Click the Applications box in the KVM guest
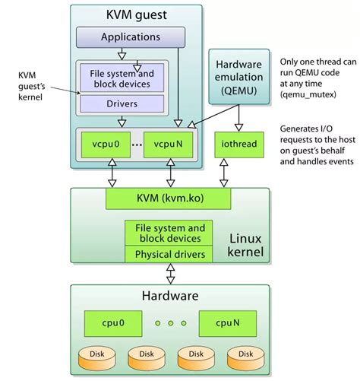pyautogui.click(x=131, y=37)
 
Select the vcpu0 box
pyautogui.click(x=106, y=144)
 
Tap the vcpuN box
pyautogui.click(x=168, y=144)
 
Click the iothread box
pyautogui.click(x=239, y=144)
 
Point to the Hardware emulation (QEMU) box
pyautogui.click(x=239, y=77)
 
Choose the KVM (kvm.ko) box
pyautogui.click(x=169, y=198)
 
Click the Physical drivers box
pyautogui.click(x=169, y=254)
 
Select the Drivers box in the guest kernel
pyautogui.click(x=122, y=103)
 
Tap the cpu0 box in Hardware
pyautogui.click(x=113, y=323)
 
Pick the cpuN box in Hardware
pyautogui.click(x=228, y=323)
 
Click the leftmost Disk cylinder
pyautogui.click(x=97, y=359)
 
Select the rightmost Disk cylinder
pyautogui.click(x=245, y=359)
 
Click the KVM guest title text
pyautogui.click(x=137, y=15)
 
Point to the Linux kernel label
pyautogui.click(x=245, y=245)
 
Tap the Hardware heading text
pyautogui.click(x=170, y=296)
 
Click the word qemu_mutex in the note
pyautogui.click(x=308, y=95)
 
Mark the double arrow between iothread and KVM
pyautogui.click(x=224, y=173)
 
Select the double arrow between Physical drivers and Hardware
pyautogui.click(x=171, y=274)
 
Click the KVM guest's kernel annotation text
pyautogui.click(x=31, y=86)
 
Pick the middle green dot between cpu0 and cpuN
pyautogui.click(x=171, y=323)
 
